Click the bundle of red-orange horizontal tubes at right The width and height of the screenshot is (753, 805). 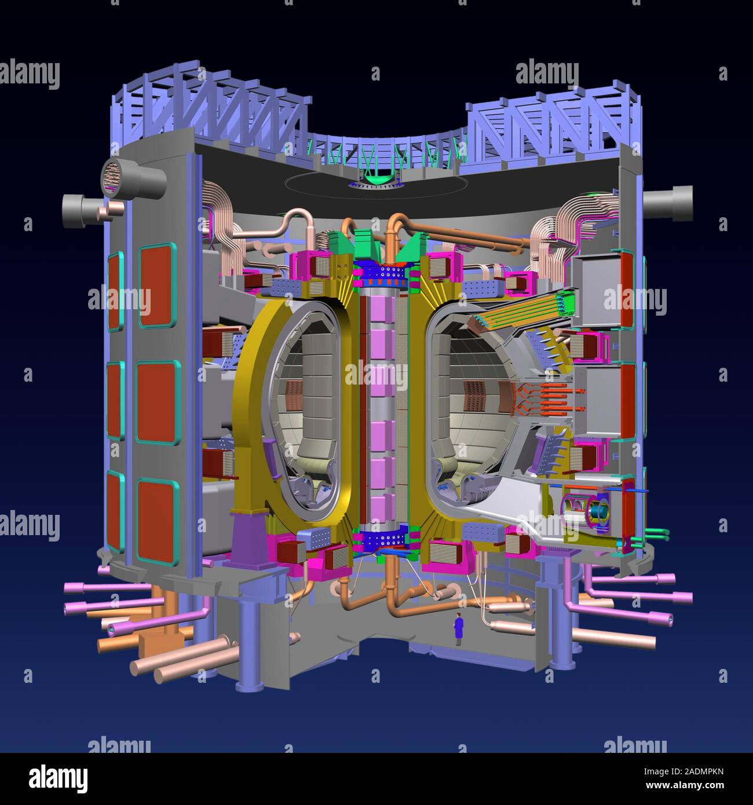click(x=550, y=400)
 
